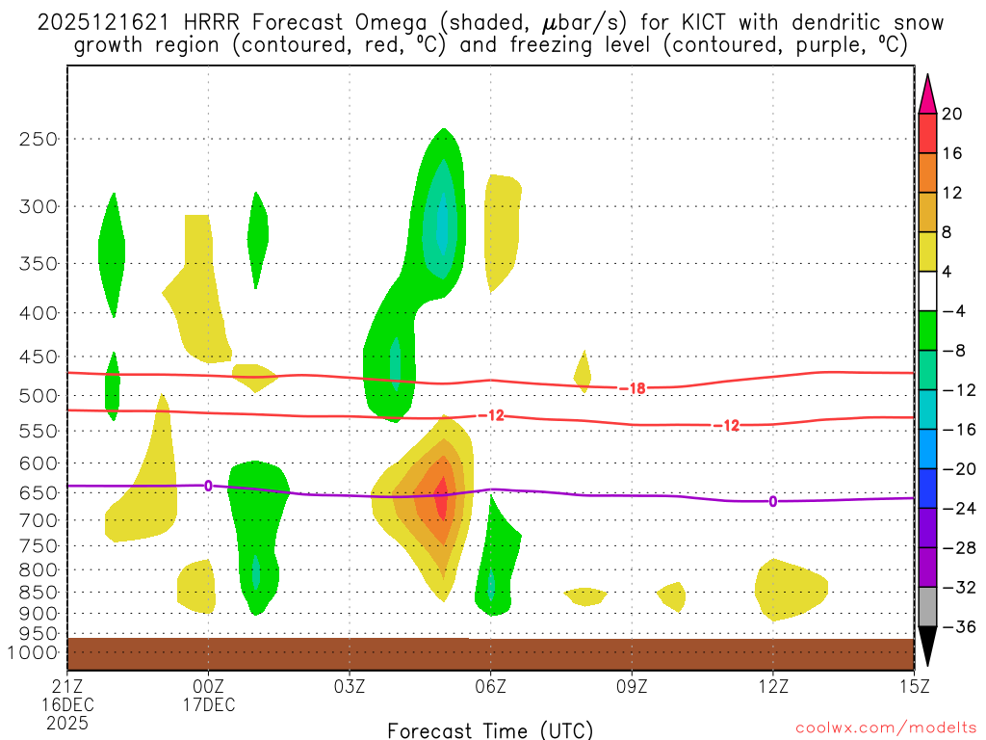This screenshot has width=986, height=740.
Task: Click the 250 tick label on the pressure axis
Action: tap(39, 139)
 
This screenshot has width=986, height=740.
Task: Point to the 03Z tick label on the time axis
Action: tap(350, 686)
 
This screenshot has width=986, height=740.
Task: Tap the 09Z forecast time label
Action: tap(632, 686)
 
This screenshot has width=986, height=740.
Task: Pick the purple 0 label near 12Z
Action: tap(772, 501)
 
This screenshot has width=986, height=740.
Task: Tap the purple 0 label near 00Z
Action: tap(208, 485)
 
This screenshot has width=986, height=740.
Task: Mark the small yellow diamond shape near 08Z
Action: tap(583, 371)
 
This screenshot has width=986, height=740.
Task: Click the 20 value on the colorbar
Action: tap(952, 114)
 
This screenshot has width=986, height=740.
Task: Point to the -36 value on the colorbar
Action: tap(952, 626)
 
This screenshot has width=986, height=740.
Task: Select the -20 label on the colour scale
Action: tap(952, 469)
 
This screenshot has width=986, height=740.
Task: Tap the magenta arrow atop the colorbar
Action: tap(927, 92)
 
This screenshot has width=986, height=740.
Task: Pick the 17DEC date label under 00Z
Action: tap(209, 704)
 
